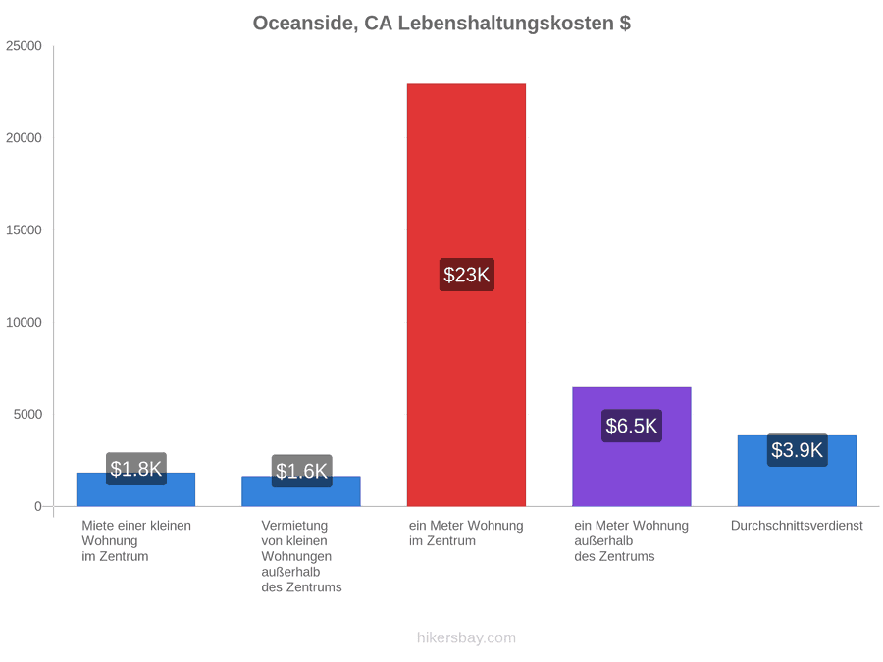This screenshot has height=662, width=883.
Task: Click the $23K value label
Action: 467,275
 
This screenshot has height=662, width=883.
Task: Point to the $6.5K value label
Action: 632,426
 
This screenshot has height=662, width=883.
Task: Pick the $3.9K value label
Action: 797,450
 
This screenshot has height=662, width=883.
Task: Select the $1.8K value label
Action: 136,469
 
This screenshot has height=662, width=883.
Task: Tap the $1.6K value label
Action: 302,471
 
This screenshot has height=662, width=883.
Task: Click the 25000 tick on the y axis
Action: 24,46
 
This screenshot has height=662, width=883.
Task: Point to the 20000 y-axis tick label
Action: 24,138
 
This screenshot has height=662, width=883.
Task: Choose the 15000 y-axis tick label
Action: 24,230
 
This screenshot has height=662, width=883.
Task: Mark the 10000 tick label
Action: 24,322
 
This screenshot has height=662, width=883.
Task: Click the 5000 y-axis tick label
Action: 27,414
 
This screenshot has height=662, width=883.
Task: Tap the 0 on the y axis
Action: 38,506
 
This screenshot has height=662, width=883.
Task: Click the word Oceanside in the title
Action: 304,24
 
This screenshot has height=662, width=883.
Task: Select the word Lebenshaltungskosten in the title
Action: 505,24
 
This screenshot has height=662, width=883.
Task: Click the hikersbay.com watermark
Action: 466,637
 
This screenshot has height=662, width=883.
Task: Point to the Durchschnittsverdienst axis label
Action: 797,526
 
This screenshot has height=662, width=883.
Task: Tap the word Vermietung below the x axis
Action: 294,526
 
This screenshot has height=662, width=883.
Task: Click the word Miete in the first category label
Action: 97,526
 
